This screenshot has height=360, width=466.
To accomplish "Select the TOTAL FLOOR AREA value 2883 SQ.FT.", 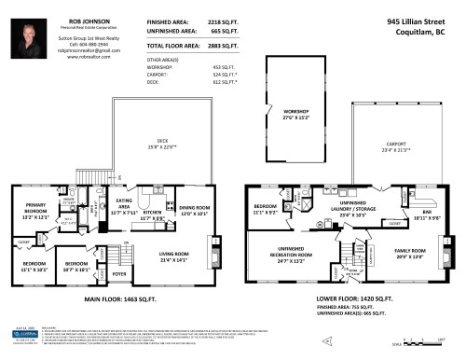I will (217, 45).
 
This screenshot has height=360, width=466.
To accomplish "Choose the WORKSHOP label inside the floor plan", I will (296, 114).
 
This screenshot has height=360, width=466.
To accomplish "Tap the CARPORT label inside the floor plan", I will (396, 147).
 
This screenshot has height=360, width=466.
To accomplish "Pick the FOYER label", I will (119, 274).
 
